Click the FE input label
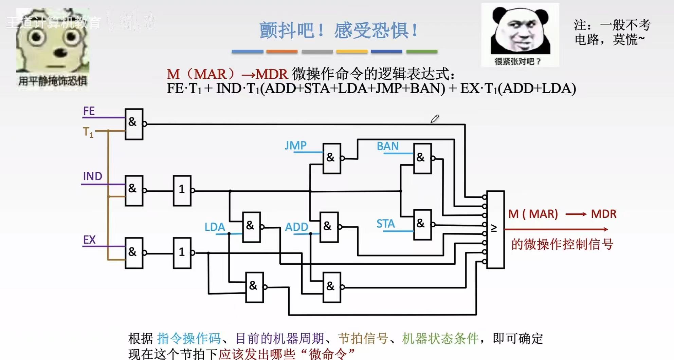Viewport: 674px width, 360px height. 89,111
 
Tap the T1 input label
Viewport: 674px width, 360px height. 88,132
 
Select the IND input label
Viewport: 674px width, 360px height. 92,176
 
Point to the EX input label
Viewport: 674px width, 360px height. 89,240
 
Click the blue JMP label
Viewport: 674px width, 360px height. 295,146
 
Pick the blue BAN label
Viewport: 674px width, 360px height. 387,146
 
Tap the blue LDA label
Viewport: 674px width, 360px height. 215,227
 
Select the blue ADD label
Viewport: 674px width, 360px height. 296,227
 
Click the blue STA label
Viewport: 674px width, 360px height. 385,224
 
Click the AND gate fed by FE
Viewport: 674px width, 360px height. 134,124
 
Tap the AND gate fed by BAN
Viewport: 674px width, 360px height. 422,158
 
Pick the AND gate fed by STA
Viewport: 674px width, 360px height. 422,225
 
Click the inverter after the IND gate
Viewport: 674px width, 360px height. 182,191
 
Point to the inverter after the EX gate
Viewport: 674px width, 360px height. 182,253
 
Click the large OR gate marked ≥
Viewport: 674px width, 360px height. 495,230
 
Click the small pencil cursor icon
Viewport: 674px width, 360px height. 435,119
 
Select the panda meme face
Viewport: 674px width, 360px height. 520,31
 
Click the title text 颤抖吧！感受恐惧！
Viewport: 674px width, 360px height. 338,31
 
